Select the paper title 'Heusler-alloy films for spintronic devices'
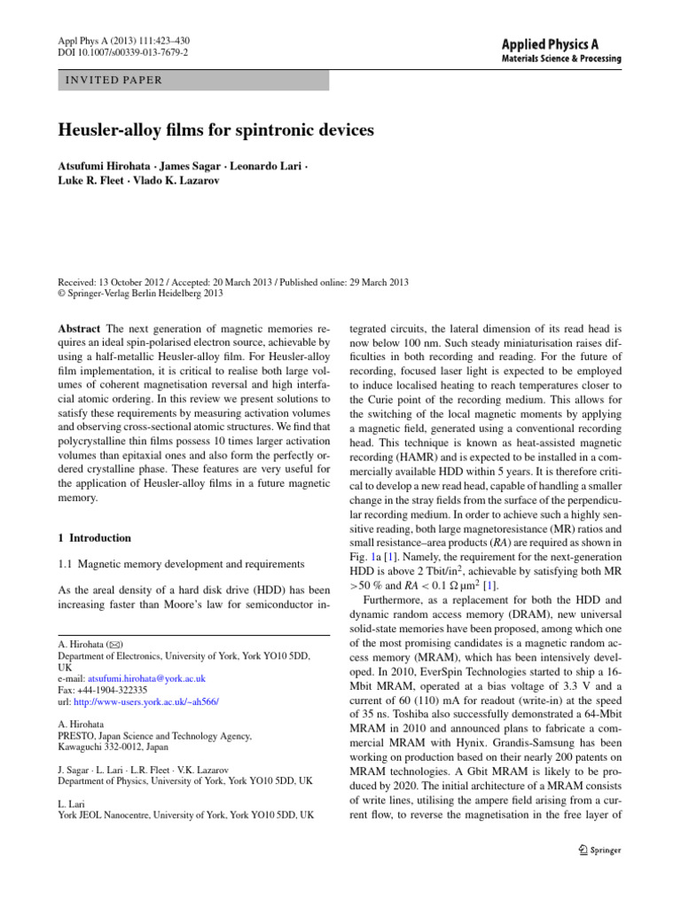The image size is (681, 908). (215, 130)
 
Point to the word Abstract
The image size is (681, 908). (79, 327)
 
